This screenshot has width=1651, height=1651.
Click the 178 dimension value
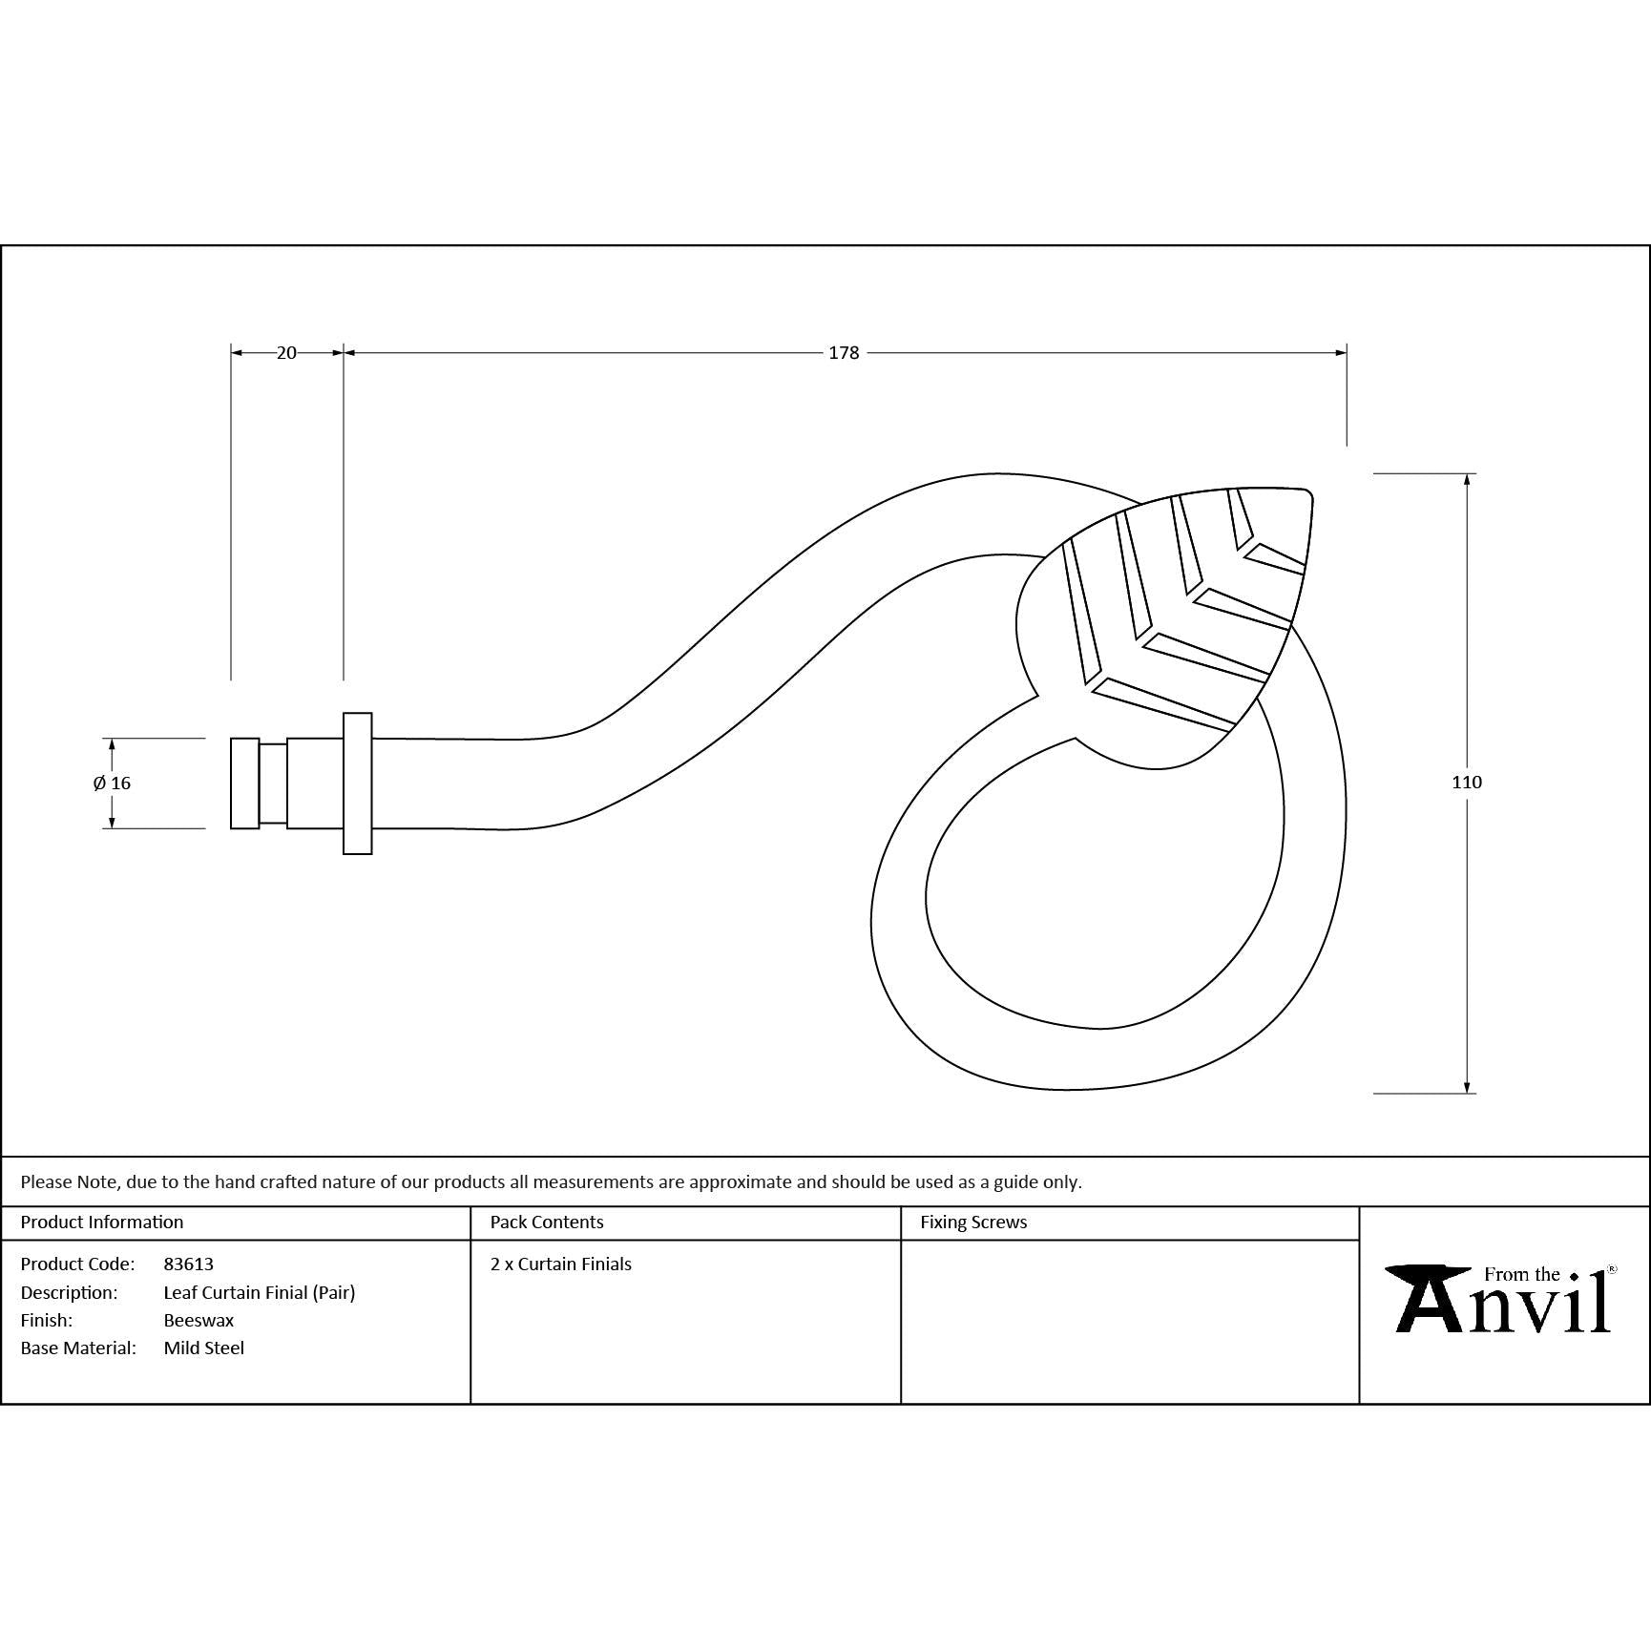point(844,353)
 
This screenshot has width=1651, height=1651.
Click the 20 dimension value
point(286,353)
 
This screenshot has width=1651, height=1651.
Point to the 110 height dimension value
point(1467,783)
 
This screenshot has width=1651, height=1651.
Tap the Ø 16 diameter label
point(113,784)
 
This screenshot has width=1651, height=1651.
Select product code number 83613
point(189,1264)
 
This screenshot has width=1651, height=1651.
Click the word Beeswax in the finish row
point(199,1320)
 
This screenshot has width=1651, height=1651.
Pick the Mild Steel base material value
point(204,1348)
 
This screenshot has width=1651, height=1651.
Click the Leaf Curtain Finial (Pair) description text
point(260,1292)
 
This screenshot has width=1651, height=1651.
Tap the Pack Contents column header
point(547,1222)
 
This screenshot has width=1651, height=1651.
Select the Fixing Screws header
point(973,1222)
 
